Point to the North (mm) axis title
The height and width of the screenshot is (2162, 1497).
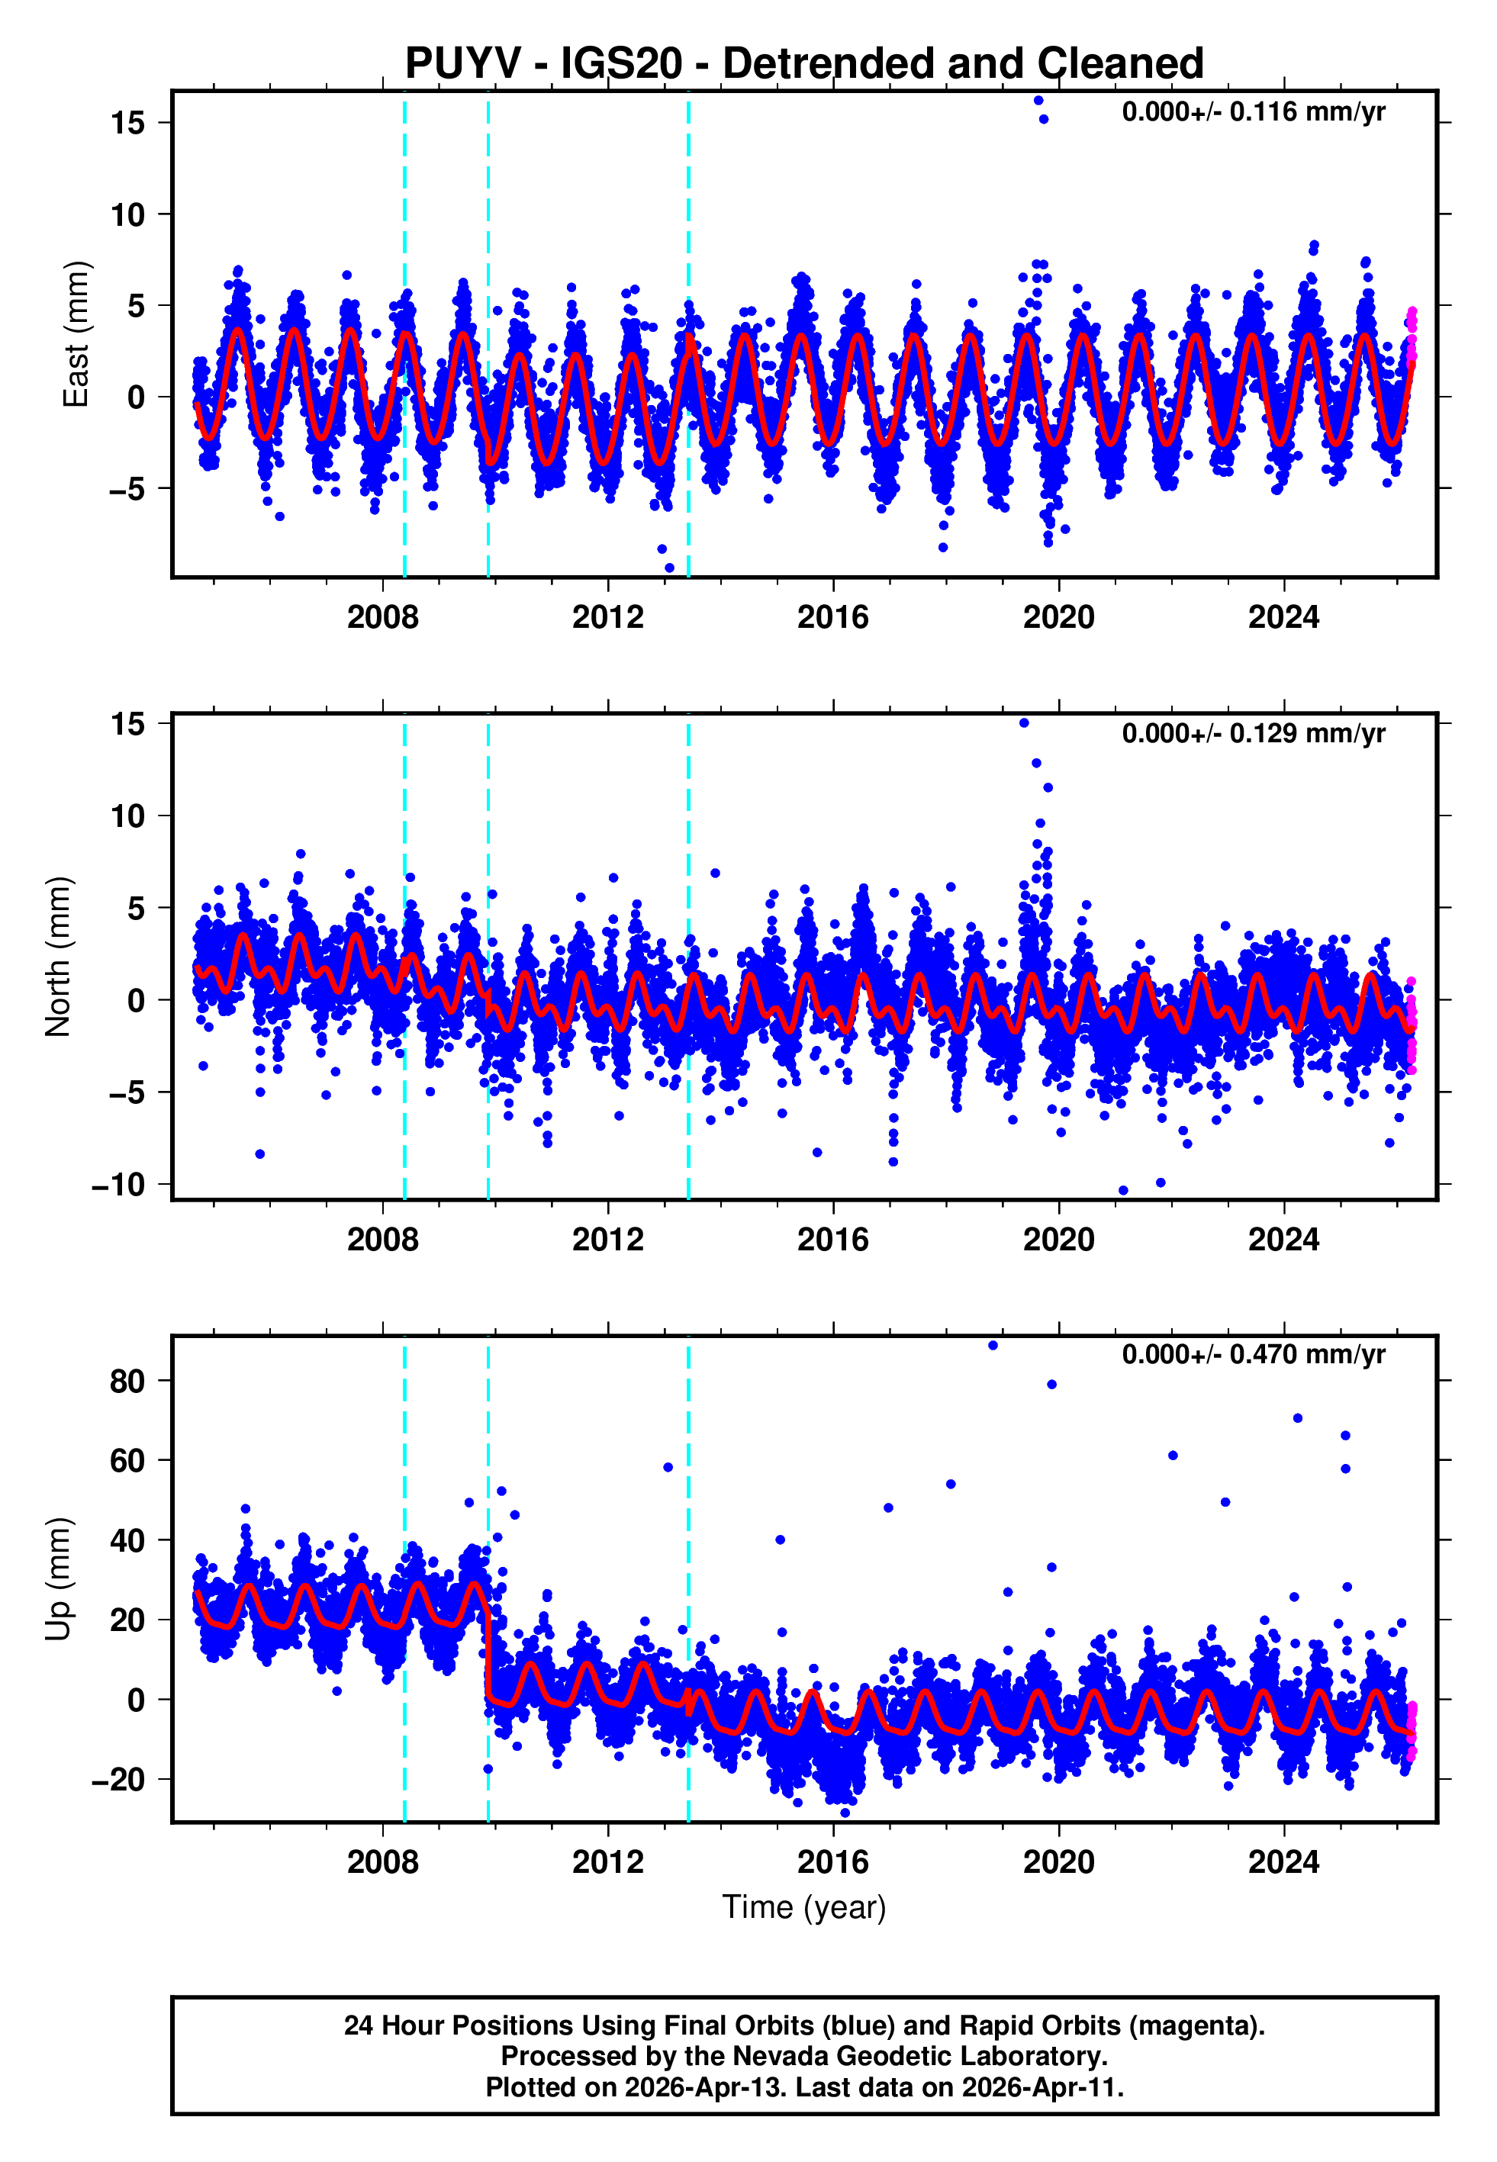58,957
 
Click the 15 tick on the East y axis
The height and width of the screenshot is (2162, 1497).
127,123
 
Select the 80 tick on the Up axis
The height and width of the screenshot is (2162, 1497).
127,1381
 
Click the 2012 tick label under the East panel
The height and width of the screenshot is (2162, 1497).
608,618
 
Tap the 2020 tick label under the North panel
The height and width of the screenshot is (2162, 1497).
1058,1240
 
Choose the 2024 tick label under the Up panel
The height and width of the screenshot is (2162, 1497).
1283,1861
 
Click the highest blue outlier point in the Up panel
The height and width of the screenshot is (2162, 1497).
993,1346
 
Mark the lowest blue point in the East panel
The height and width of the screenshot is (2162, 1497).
669,568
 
